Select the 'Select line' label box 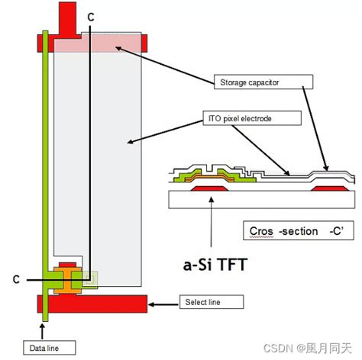coord(210,303)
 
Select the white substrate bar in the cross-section coord(260,201)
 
